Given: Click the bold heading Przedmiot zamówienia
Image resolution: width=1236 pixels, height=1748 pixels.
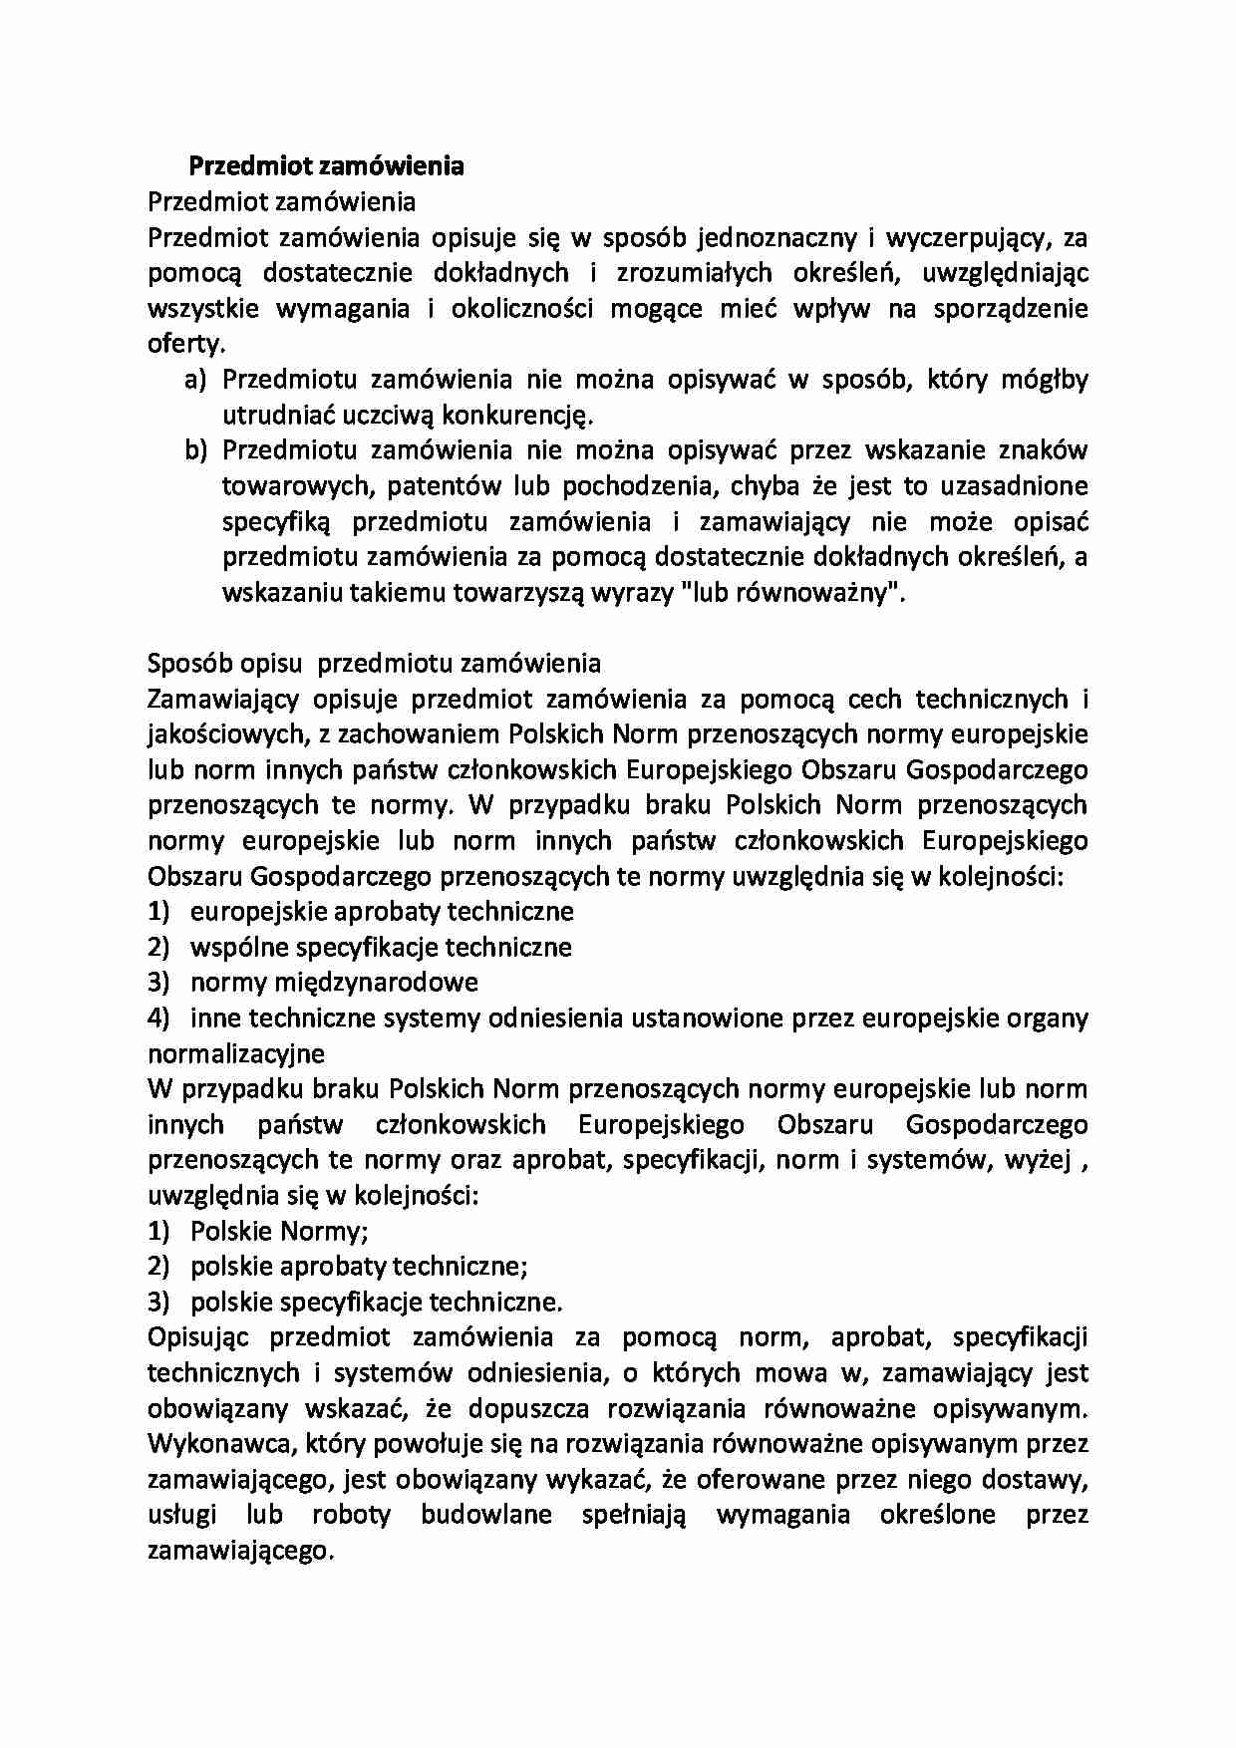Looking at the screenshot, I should [x=326, y=165].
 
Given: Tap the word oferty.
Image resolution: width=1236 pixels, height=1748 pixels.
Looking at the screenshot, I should [x=186, y=345].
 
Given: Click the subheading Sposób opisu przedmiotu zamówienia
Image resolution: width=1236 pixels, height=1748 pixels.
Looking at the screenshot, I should [x=374, y=664].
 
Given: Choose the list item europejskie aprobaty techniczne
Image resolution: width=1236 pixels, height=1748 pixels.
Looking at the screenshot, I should [x=382, y=912].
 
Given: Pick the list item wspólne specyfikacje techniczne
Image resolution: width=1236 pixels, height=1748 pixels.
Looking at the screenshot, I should [x=381, y=947].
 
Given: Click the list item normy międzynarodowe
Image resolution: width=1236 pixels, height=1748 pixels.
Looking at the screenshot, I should [x=334, y=983].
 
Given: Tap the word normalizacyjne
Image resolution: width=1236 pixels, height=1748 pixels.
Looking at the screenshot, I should [x=236, y=1053].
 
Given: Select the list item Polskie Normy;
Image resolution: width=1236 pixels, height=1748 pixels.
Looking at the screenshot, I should [x=279, y=1232].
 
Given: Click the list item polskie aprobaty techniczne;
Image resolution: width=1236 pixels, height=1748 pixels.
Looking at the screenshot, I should [x=359, y=1267].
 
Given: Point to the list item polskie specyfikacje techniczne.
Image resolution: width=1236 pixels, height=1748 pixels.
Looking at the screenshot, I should [x=376, y=1303].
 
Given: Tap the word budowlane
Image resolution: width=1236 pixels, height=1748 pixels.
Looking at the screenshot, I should [x=485, y=1515].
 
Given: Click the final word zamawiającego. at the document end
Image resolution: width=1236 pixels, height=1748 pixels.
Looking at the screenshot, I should [x=240, y=1552].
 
